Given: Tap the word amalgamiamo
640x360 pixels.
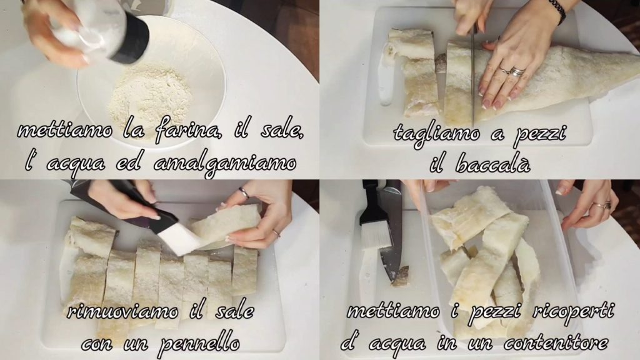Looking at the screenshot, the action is [225, 165].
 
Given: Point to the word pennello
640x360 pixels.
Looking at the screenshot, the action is [199, 344].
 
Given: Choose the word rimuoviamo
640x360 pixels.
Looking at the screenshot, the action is [122, 312].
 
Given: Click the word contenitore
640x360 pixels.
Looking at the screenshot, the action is [556, 343].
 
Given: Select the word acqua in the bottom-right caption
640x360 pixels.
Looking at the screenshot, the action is [397, 344].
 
